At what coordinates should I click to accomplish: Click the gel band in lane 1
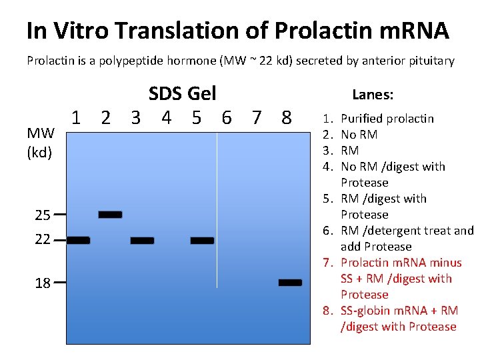coord(78,241)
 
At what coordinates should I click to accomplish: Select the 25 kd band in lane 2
coord(110,215)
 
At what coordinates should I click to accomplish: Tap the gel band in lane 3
coord(142,241)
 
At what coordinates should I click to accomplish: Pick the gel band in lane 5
coord(202,241)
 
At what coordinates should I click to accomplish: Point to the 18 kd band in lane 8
coord(290,283)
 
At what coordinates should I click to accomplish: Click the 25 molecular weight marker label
coord(43,215)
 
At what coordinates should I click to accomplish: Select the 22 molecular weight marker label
coord(43,239)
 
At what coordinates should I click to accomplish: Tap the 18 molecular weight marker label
coord(43,283)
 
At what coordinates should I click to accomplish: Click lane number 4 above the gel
coord(166,119)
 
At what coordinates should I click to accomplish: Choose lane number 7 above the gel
coord(257,119)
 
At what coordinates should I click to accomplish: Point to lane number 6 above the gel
coord(227,119)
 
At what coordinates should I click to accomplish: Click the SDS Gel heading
coord(182,93)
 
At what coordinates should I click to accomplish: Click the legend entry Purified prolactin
coord(387,119)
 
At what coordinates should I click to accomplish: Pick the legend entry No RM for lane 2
coord(359,135)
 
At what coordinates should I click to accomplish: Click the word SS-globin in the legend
coord(364,311)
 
